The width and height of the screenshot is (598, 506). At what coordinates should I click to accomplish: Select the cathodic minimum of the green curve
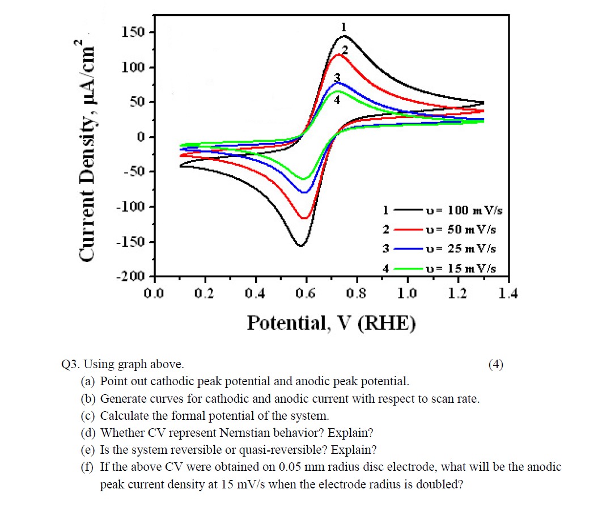(x=304, y=179)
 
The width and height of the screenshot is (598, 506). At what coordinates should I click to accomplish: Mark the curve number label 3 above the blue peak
(x=337, y=78)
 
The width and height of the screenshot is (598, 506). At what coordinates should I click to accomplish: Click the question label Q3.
(x=70, y=364)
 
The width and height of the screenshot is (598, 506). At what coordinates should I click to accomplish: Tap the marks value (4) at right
(x=495, y=364)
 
